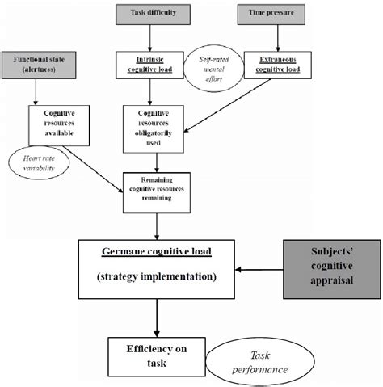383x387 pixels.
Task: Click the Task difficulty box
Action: point(156,14)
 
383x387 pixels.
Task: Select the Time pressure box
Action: point(264,14)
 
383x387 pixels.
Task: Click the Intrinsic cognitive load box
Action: point(156,64)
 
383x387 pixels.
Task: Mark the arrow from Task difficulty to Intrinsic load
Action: point(156,36)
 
